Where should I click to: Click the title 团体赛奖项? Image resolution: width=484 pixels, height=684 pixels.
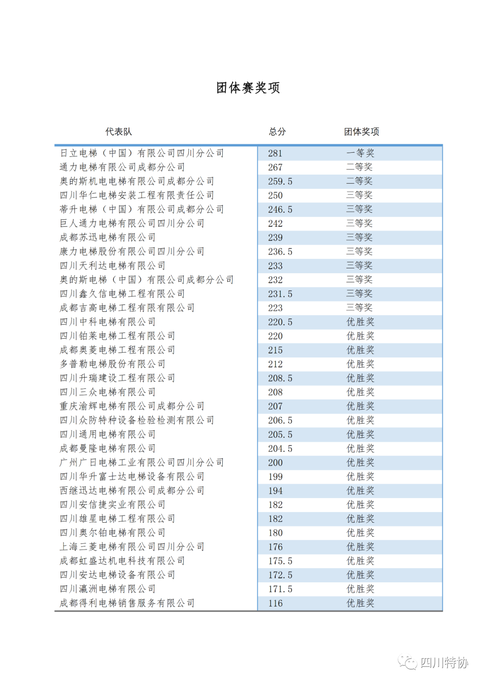pos(248,88)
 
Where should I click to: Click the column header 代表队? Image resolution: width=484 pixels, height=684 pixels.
pos(118,132)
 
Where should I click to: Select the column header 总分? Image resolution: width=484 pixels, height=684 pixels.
pos(277,132)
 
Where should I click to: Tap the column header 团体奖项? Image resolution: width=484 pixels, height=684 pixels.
pos(361,132)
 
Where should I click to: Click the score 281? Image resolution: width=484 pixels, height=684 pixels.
pos(275,154)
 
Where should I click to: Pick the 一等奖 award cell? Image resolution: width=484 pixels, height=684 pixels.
pos(360,153)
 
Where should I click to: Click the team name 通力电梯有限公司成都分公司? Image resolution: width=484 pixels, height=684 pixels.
pos(122,167)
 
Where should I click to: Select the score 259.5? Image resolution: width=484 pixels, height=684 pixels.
pos(280,181)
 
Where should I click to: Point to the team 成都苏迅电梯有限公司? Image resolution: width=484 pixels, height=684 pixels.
pos(108,237)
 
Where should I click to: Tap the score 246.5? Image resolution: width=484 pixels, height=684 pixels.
pos(280,210)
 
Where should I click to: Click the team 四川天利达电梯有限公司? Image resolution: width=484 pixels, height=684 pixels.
pos(112,266)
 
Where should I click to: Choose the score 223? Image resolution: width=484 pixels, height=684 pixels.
pos(275,308)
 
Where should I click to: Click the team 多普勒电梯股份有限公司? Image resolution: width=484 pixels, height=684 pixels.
pos(112,364)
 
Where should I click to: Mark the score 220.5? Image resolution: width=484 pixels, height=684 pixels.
pos(280,322)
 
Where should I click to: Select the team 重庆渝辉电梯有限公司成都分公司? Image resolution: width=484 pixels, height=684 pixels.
pos(132,406)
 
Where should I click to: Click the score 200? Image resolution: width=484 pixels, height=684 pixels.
pos(275,463)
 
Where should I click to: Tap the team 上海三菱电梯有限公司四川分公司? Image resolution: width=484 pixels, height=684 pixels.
pos(132,547)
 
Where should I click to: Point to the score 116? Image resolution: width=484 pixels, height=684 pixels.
pos(275,603)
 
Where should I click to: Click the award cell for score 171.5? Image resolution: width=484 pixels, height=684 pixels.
pos(360,589)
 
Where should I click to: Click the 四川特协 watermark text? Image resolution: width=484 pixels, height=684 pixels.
pos(444,662)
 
